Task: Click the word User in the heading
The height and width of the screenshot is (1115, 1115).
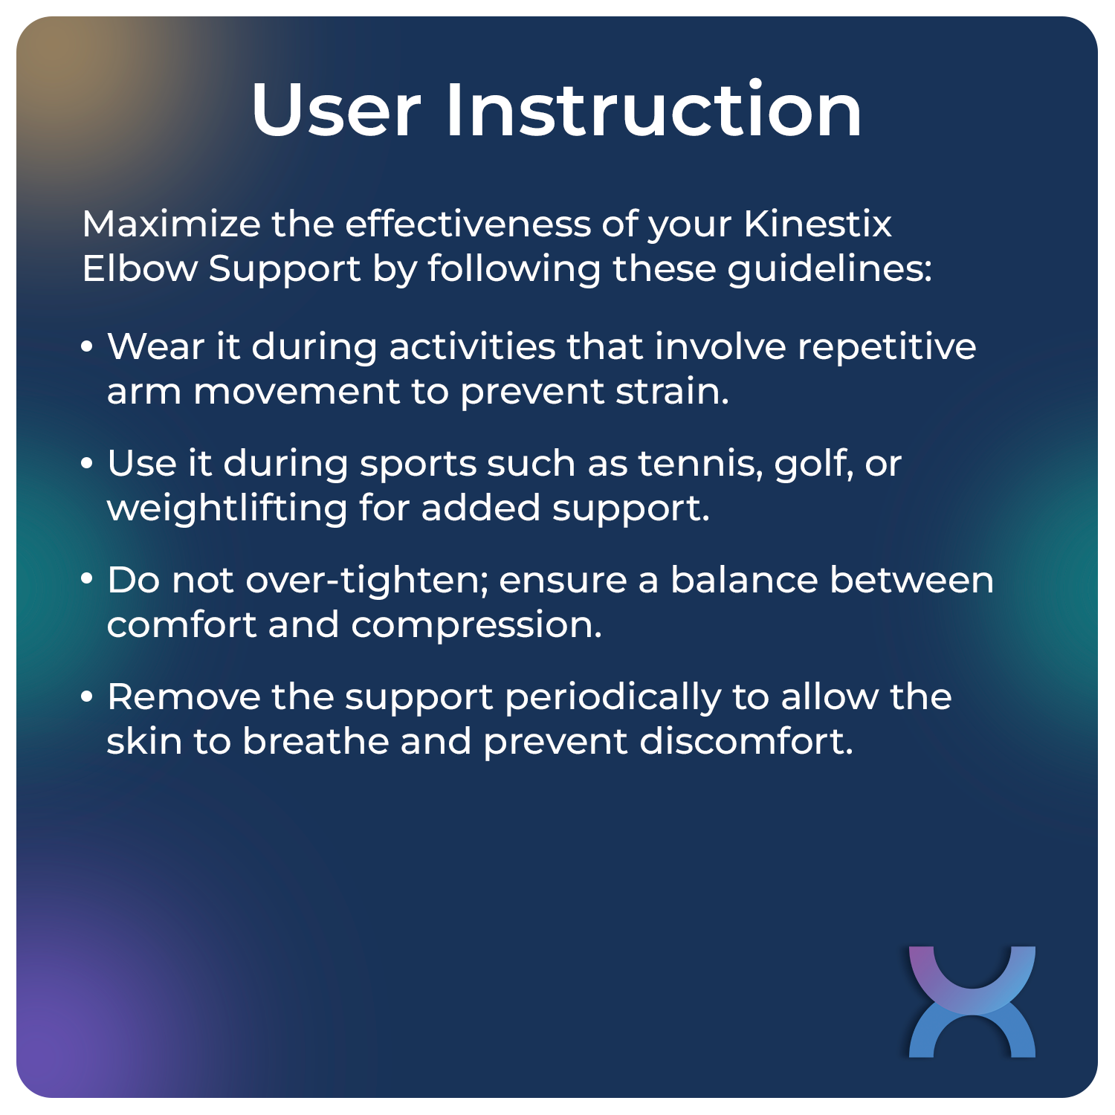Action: click(336, 110)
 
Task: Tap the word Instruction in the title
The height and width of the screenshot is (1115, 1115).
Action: click(653, 110)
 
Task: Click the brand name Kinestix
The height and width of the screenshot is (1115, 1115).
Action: click(818, 224)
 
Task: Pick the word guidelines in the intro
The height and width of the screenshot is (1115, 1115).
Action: click(828, 270)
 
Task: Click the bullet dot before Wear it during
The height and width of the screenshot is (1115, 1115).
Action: click(88, 347)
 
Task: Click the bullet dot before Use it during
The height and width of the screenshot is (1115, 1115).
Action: click(88, 464)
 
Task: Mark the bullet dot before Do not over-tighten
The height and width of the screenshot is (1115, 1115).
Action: click(88, 580)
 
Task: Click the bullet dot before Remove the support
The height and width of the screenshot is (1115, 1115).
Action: click(88, 697)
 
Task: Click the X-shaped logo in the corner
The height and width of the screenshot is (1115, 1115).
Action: click(972, 1001)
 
